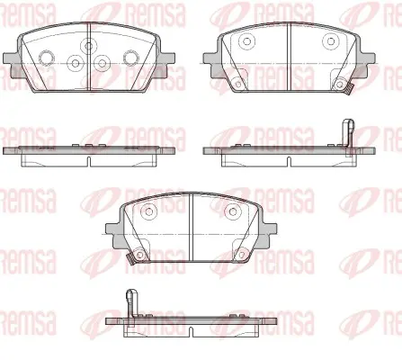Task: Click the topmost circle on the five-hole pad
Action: click(89, 46)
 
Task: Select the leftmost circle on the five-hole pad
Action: click(47, 58)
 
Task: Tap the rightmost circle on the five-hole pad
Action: click(130, 58)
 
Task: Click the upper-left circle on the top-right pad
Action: click(246, 41)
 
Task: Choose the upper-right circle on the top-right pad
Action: click(331, 41)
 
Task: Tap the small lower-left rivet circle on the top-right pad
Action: click(238, 85)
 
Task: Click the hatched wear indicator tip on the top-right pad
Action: click(350, 89)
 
